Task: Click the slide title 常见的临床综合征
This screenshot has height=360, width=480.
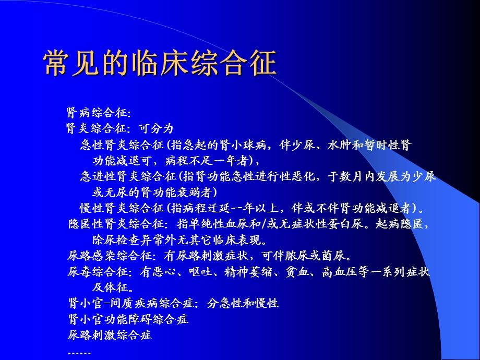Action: [x=160, y=64]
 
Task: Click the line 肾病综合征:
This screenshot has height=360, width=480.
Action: [x=99, y=113]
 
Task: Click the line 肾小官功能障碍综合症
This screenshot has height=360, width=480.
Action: [x=128, y=319]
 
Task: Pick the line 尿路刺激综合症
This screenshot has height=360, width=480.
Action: [x=110, y=334]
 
